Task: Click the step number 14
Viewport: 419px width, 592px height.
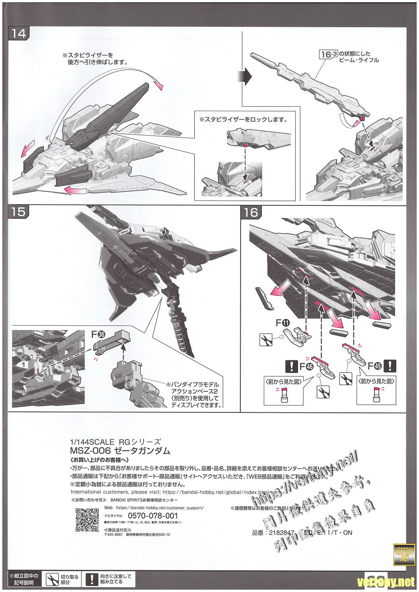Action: tap(19, 34)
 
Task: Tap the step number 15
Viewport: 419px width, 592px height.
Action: tap(19, 212)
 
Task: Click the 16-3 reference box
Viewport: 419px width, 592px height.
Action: tap(327, 54)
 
